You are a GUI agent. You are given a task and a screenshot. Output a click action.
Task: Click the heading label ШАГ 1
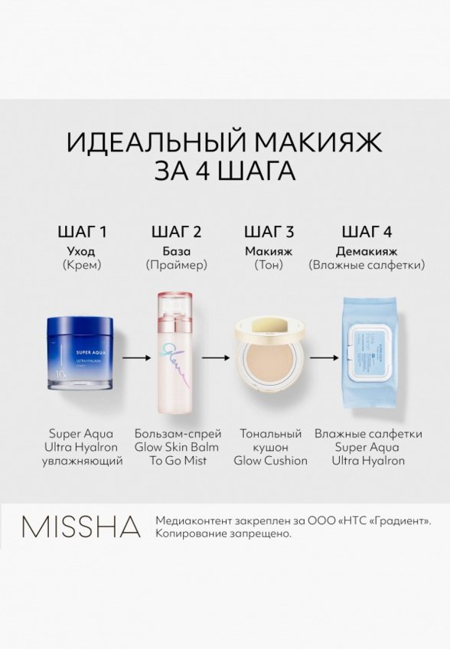coord(83,232)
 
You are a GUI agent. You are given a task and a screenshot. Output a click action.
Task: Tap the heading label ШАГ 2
coord(176,232)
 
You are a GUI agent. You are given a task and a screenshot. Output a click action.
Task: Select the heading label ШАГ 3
coord(269,232)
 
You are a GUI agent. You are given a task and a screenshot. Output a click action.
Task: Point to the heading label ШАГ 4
coord(367,232)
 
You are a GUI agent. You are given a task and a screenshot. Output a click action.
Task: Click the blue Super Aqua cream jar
coord(83,355)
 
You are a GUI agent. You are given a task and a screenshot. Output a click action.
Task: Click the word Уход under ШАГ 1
coord(83,251)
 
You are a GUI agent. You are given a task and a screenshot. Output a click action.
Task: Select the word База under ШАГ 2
coord(176,251)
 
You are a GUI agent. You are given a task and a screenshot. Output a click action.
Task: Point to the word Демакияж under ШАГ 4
coord(367,251)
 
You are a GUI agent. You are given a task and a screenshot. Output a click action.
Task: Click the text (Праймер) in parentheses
coord(176,266)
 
